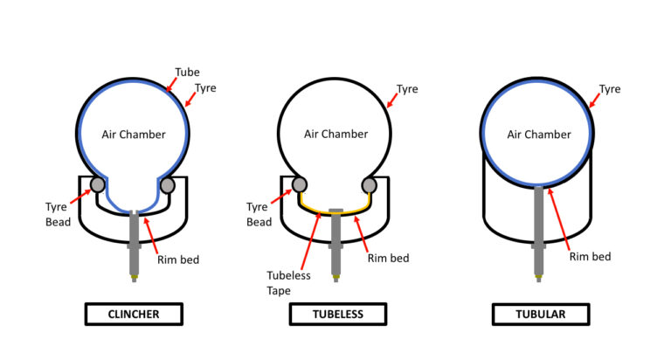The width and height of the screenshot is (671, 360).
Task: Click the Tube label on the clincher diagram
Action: click(x=186, y=72)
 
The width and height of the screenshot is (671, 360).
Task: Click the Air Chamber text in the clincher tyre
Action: click(x=133, y=135)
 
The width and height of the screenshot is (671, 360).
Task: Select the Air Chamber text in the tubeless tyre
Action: click(x=336, y=135)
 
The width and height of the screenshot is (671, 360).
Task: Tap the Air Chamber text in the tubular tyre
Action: click(x=539, y=135)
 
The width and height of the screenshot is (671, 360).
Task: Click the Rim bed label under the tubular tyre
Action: click(x=590, y=257)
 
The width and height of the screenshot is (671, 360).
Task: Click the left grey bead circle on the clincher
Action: click(x=99, y=185)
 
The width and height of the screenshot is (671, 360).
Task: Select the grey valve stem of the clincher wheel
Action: click(x=134, y=240)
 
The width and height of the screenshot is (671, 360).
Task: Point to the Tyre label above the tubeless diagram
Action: click(x=407, y=89)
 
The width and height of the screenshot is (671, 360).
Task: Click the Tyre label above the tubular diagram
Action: click(x=611, y=89)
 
